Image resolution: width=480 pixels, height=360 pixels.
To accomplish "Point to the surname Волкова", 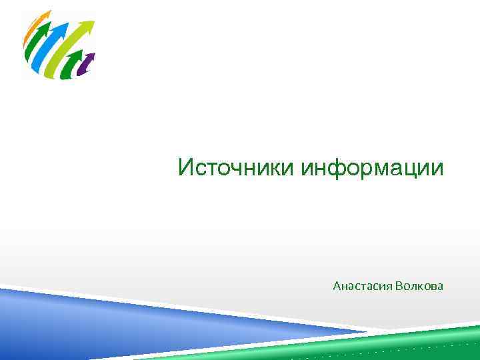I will click(x=419, y=286).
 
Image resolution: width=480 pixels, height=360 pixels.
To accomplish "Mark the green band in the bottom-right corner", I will click(x=427, y=340).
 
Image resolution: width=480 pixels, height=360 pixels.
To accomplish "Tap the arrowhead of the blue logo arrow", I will click(x=63, y=26).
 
